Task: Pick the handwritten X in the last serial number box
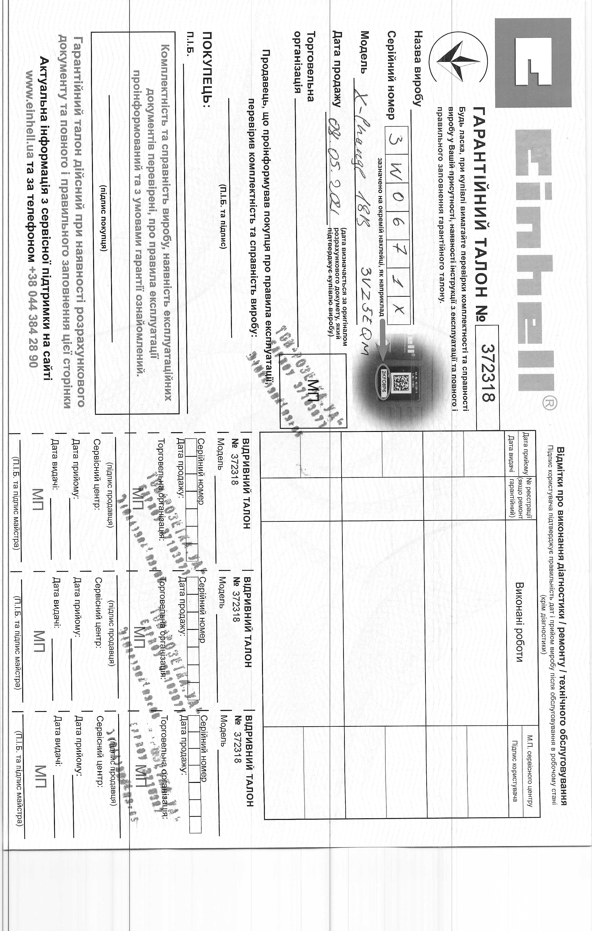click(x=400, y=308)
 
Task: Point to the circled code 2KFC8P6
click(x=383, y=383)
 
